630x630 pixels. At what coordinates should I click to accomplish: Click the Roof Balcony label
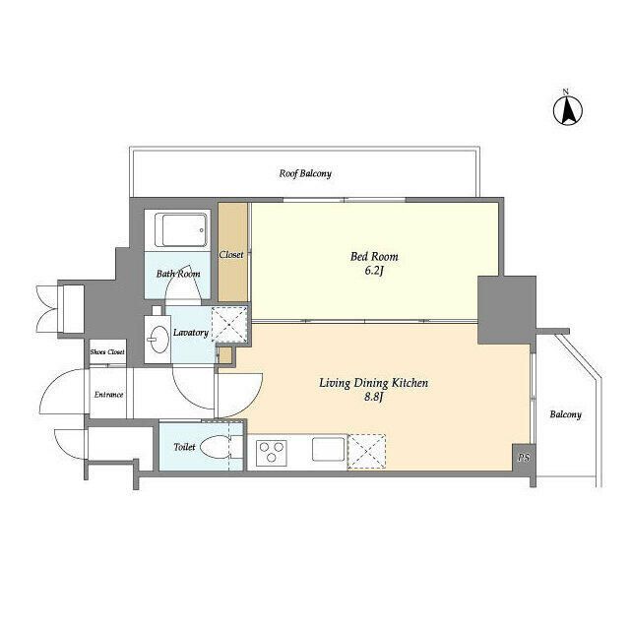point(305,173)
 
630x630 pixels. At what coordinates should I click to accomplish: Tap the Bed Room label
point(374,256)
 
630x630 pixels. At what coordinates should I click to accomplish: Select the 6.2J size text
point(374,271)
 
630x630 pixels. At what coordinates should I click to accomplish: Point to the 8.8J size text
point(374,398)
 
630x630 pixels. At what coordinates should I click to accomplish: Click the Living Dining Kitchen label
point(374,383)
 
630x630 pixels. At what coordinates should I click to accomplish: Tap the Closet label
point(231,255)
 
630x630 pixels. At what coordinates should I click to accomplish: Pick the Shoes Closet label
point(107,352)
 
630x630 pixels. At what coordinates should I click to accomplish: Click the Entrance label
point(109,395)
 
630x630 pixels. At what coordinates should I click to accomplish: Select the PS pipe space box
point(524,457)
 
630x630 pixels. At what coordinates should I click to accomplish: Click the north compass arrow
point(568,111)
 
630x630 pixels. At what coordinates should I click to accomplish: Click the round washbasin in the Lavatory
point(158,339)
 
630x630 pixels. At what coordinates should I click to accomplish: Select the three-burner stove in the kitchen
point(272,453)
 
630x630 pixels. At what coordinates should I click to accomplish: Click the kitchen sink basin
point(329,449)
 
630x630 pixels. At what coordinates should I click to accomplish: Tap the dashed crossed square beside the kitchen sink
point(366,451)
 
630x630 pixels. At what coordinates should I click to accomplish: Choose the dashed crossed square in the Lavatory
point(229,325)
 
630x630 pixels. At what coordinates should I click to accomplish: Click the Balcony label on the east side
point(566,414)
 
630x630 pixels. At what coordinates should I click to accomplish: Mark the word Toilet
point(184,447)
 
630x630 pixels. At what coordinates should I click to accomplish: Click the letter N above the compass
point(566,92)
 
